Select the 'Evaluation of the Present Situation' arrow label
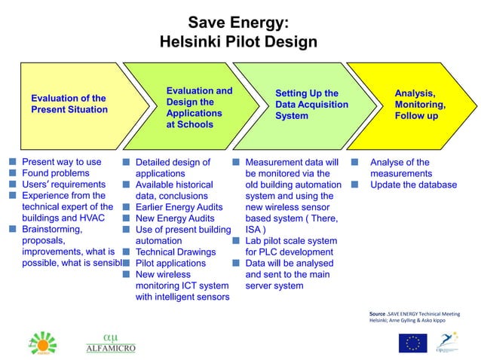(x=69, y=104)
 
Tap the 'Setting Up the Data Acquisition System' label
(x=311, y=105)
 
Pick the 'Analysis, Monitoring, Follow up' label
(x=420, y=105)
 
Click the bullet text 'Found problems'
(x=55, y=173)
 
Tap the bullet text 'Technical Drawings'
(x=175, y=252)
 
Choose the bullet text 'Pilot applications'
(x=170, y=264)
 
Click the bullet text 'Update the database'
(x=413, y=185)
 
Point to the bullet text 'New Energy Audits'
(x=175, y=218)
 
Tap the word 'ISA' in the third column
(x=254, y=230)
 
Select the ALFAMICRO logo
(x=111, y=343)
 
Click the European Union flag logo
(x=412, y=343)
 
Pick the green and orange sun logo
(x=42, y=343)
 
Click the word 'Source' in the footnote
(x=377, y=313)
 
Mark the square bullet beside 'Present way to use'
(x=13, y=162)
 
